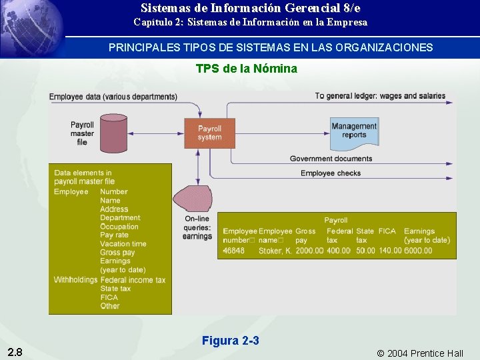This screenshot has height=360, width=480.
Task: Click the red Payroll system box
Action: pos(209,133)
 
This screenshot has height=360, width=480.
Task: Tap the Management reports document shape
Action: pos(354,131)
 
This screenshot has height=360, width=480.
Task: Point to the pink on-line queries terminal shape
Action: pos(194,199)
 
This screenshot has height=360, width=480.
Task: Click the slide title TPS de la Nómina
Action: pos(246,69)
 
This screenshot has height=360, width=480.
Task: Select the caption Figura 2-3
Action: pos(230,341)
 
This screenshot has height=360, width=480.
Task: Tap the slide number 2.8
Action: pos(15,352)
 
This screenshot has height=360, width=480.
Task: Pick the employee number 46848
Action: pos(233,251)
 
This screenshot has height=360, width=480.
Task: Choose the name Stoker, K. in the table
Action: pos(275,251)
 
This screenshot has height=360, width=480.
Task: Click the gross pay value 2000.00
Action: pos(309,251)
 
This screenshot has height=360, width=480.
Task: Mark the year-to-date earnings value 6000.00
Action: pos(418,251)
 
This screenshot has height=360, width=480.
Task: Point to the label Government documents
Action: pos(331,159)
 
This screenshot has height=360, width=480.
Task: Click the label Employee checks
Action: pos(331,173)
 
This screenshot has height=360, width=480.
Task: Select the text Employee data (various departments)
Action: pos(113,97)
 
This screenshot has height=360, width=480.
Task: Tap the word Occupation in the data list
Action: pos(119,227)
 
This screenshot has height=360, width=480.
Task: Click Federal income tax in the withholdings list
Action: pos(133,280)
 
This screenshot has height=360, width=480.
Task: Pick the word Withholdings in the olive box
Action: pos(75,280)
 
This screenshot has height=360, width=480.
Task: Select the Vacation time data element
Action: pos(123,244)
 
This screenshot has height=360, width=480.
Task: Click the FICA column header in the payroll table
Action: pos(387,231)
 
